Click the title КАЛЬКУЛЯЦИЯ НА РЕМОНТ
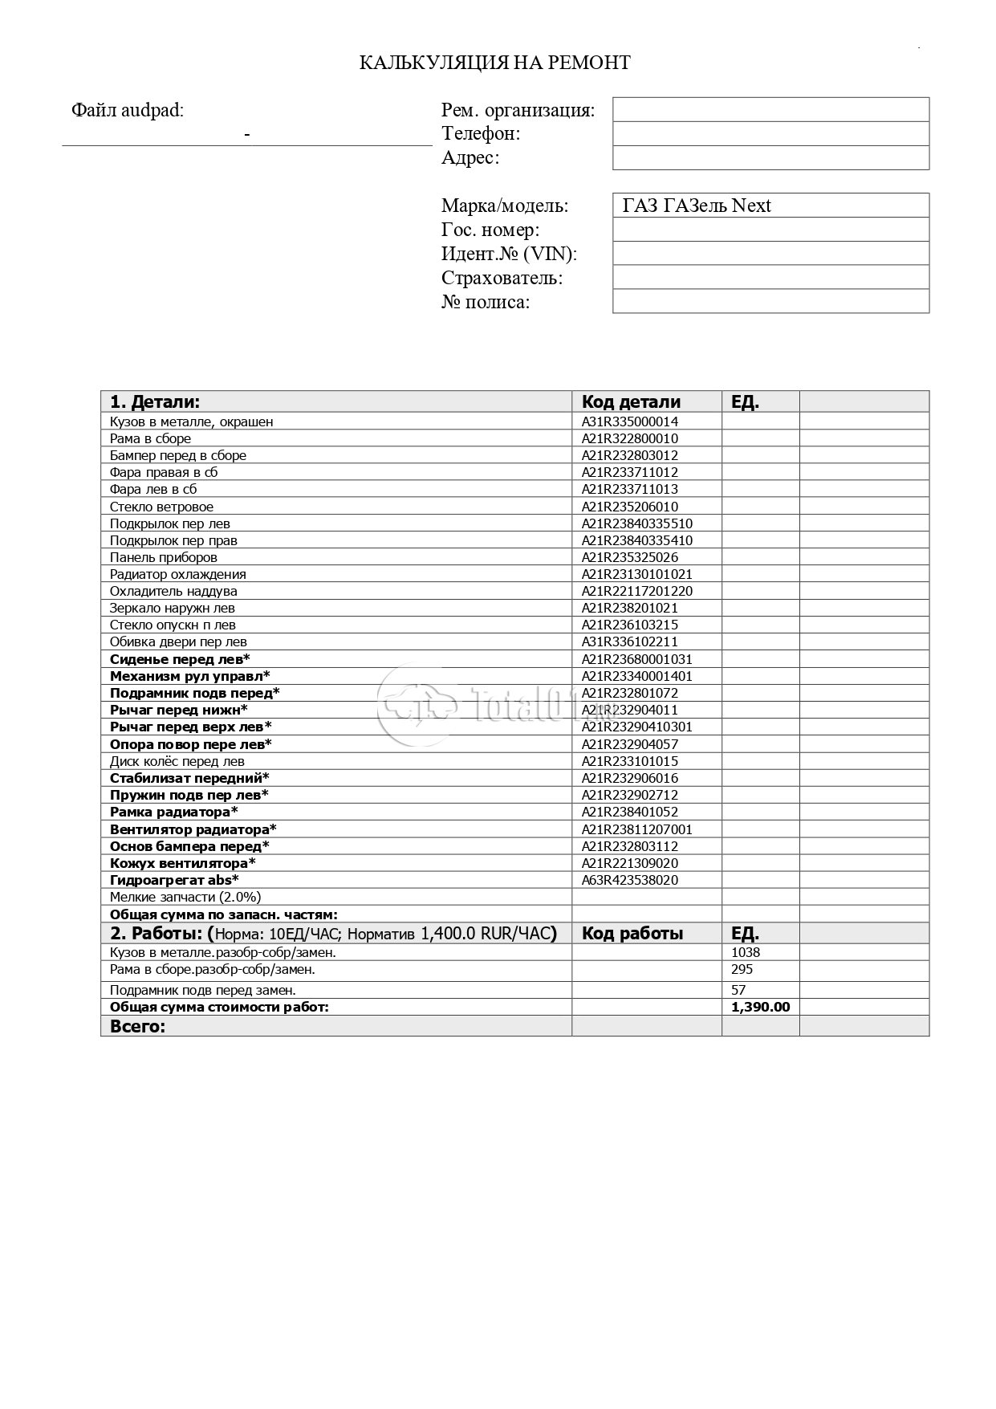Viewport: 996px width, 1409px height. pos(494,63)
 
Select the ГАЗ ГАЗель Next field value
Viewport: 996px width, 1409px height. pos(696,206)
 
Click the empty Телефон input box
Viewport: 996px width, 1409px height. pos(770,133)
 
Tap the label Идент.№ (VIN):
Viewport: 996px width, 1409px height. pos(509,255)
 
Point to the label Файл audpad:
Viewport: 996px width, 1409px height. pos(128,111)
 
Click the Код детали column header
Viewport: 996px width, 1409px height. pos(631,402)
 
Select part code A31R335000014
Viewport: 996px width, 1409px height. pos(630,421)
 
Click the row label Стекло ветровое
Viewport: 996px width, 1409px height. pos(161,507)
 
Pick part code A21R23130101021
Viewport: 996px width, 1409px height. pos(636,574)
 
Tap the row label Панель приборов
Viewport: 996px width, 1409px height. pos(164,557)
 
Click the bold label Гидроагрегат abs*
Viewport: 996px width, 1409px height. pos(174,880)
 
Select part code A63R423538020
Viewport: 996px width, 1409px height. pos(630,880)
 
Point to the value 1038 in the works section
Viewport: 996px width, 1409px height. pos(746,952)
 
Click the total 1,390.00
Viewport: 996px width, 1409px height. pos(760,1007)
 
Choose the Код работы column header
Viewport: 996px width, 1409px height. pos(632,934)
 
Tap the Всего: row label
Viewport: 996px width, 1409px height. pos(137,1026)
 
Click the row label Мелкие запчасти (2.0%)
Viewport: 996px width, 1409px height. pos(185,897)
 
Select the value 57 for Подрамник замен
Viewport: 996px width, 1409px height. pos(738,990)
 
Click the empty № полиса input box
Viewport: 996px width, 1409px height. pos(770,302)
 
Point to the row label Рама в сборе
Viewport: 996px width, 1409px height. pos(150,438)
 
